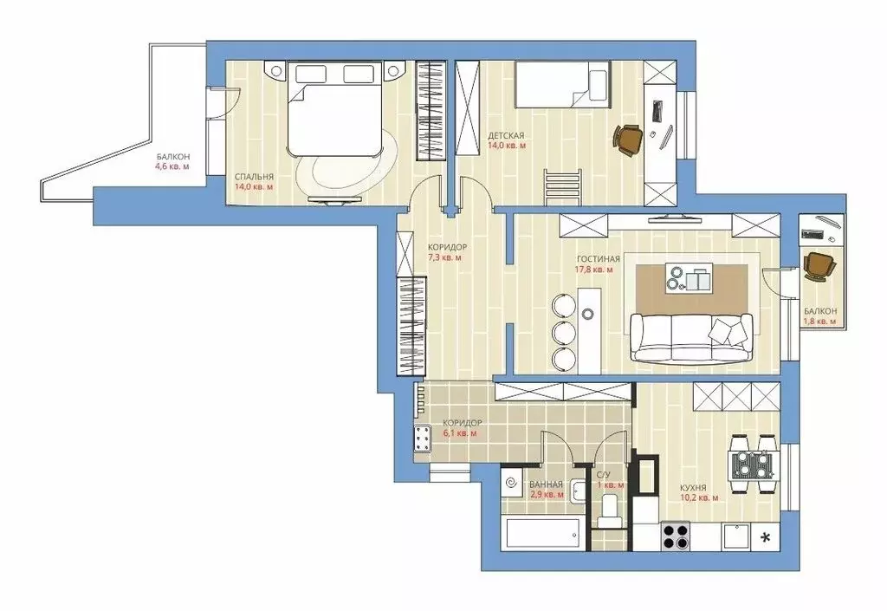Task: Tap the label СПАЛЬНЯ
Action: pyautogui.click(x=254, y=177)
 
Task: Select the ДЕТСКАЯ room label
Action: pyautogui.click(x=505, y=136)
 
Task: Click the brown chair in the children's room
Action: pyautogui.click(x=629, y=139)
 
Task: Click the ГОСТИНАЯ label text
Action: pyautogui.click(x=599, y=259)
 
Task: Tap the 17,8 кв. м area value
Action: pyautogui.click(x=595, y=270)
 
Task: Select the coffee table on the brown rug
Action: pyautogui.click(x=688, y=278)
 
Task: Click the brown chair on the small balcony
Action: pyautogui.click(x=816, y=265)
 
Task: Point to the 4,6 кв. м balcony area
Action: pyautogui.click(x=172, y=166)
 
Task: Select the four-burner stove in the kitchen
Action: pyautogui.click(x=676, y=535)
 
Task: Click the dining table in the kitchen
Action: pyautogui.click(x=751, y=458)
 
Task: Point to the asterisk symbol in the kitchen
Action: pyautogui.click(x=765, y=536)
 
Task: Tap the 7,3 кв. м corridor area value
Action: pyautogui.click(x=444, y=257)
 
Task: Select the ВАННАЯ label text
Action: pyautogui.click(x=547, y=484)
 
